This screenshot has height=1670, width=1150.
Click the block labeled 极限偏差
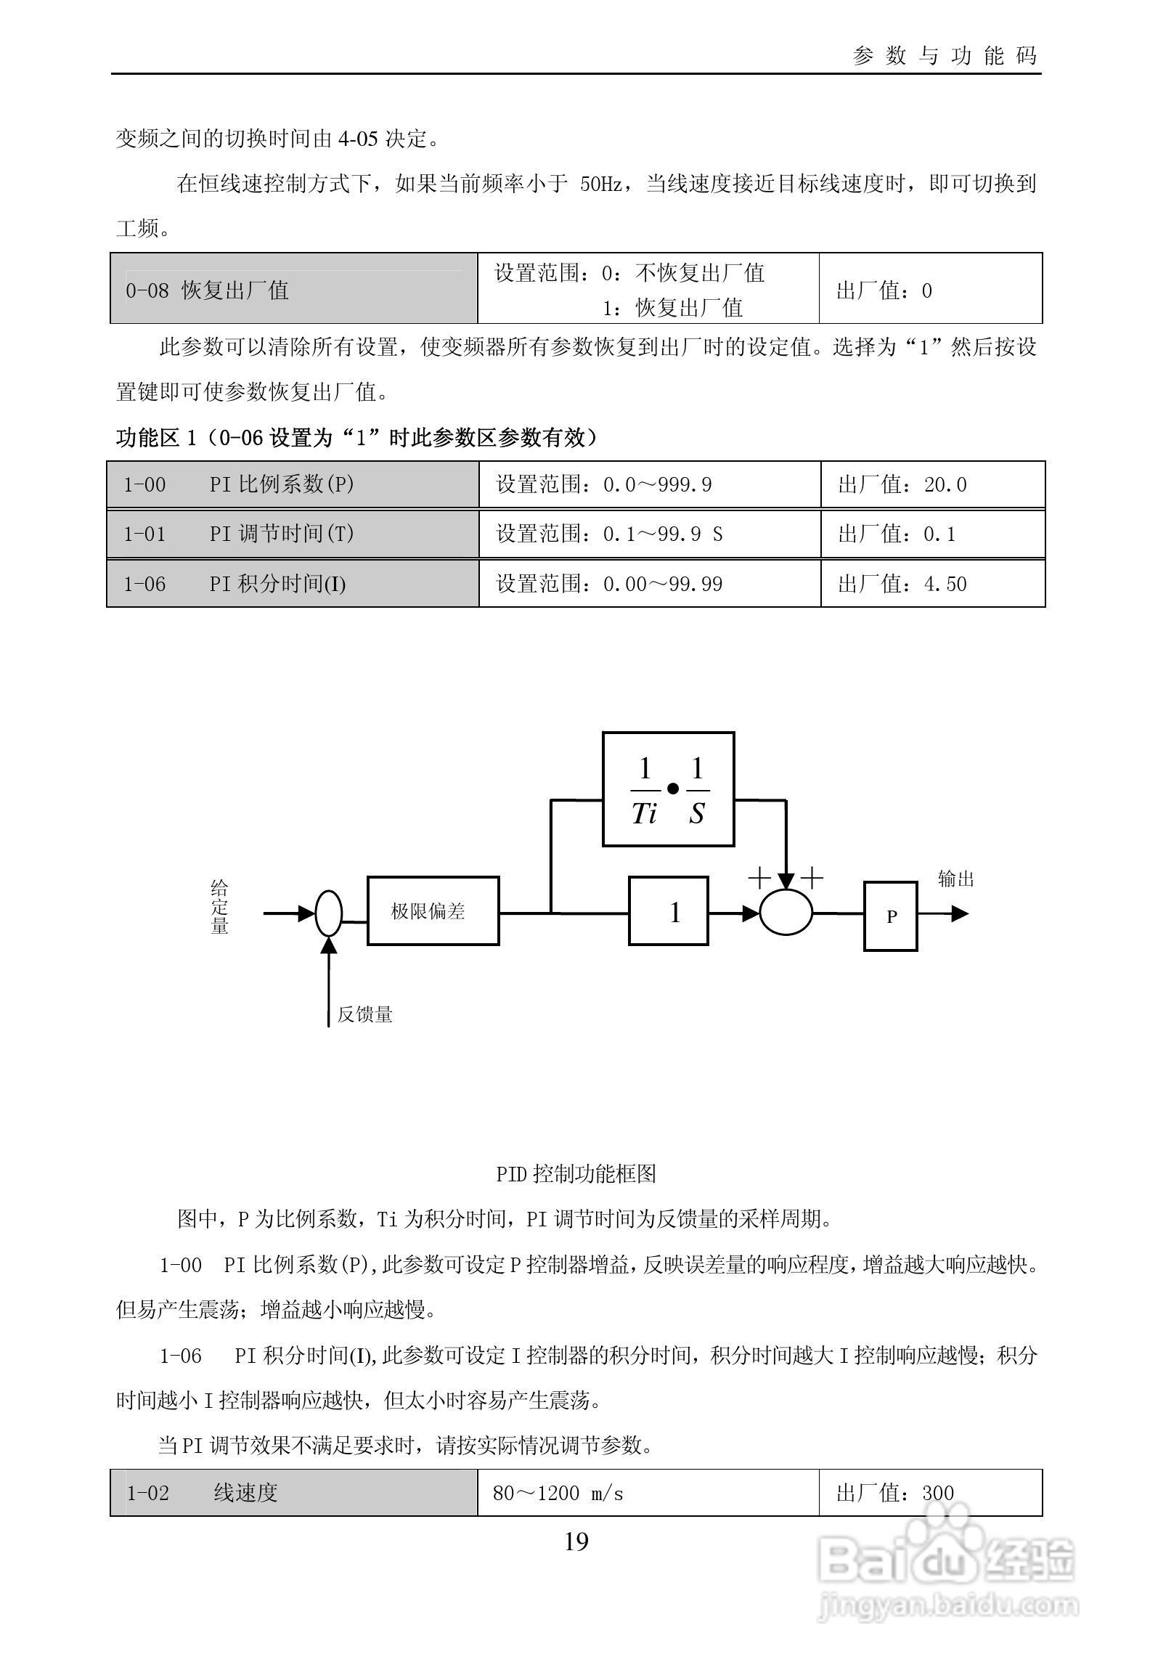[x=433, y=911]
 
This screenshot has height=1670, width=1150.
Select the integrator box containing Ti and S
[x=668, y=789]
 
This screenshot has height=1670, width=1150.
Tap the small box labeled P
[x=890, y=916]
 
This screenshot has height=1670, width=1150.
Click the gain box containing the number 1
[x=668, y=911]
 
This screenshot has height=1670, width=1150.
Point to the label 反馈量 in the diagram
[x=364, y=1014]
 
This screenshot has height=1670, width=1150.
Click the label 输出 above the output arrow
[x=955, y=879]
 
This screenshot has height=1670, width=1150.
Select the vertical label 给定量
[x=219, y=907]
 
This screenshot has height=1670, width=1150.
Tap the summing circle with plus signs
[x=786, y=913]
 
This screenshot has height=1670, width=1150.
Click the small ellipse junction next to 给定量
[x=328, y=913]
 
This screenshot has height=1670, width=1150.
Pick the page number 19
[x=576, y=1541]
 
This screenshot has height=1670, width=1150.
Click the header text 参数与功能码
[x=945, y=56]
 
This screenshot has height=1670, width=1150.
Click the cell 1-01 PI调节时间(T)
[x=293, y=534]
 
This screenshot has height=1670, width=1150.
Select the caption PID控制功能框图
[x=576, y=1173]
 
